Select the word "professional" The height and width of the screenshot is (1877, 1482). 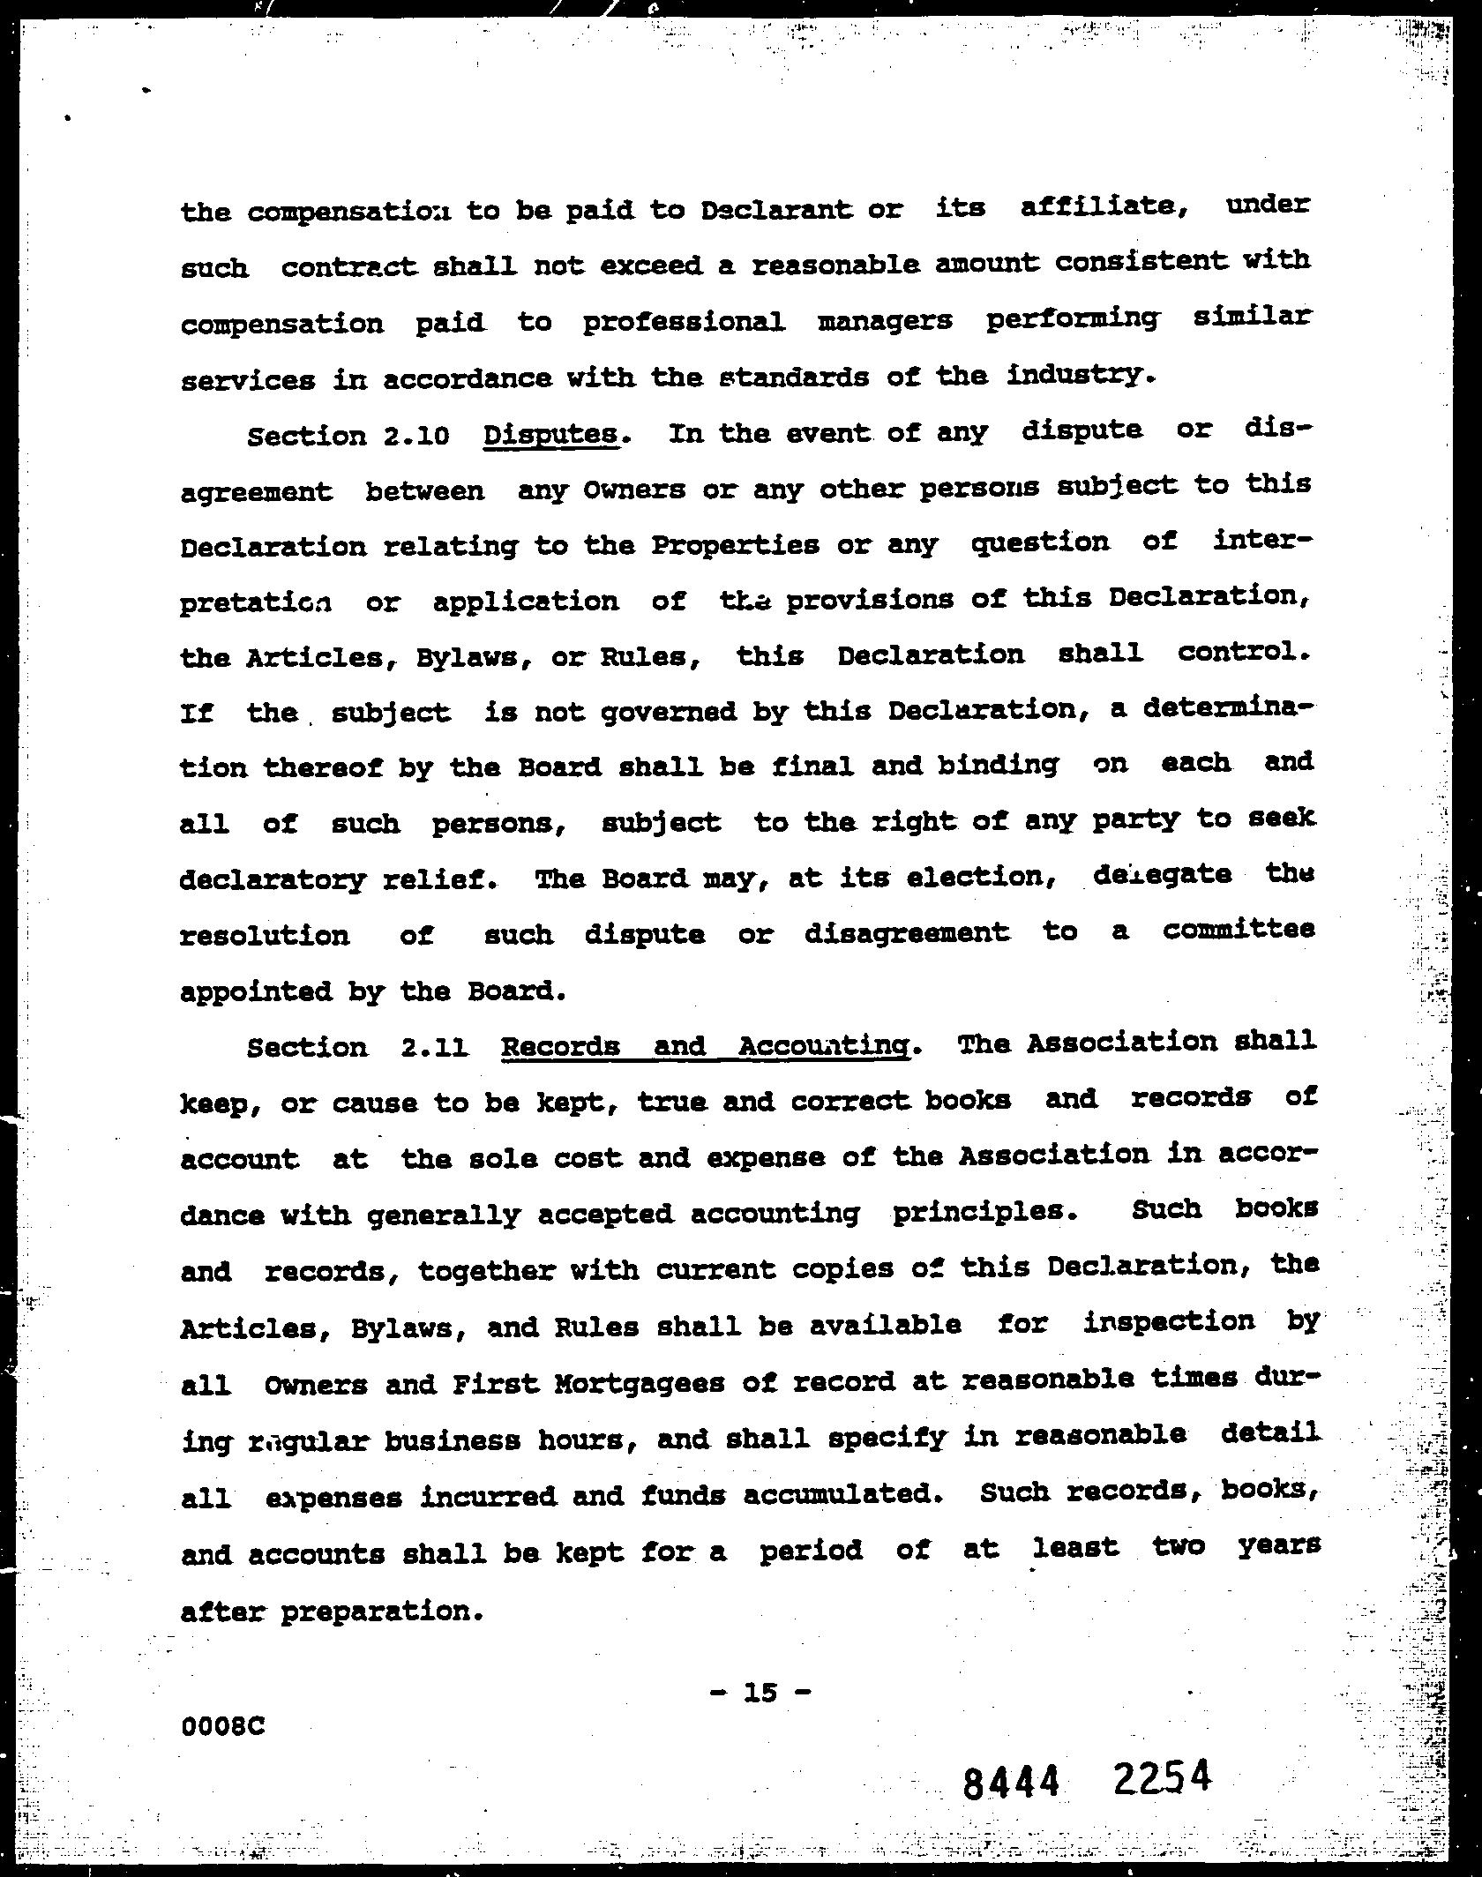coord(683,321)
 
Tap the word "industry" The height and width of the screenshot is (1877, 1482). coord(1079,376)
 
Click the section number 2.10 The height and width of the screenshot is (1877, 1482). coord(418,436)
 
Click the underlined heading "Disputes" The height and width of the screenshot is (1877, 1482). coord(551,434)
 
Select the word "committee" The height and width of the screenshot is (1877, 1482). coord(1239,930)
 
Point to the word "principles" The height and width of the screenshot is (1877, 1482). coord(983,1211)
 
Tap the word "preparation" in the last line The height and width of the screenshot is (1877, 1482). coord(381,1612)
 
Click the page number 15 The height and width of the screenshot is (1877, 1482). coord(760,1691)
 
